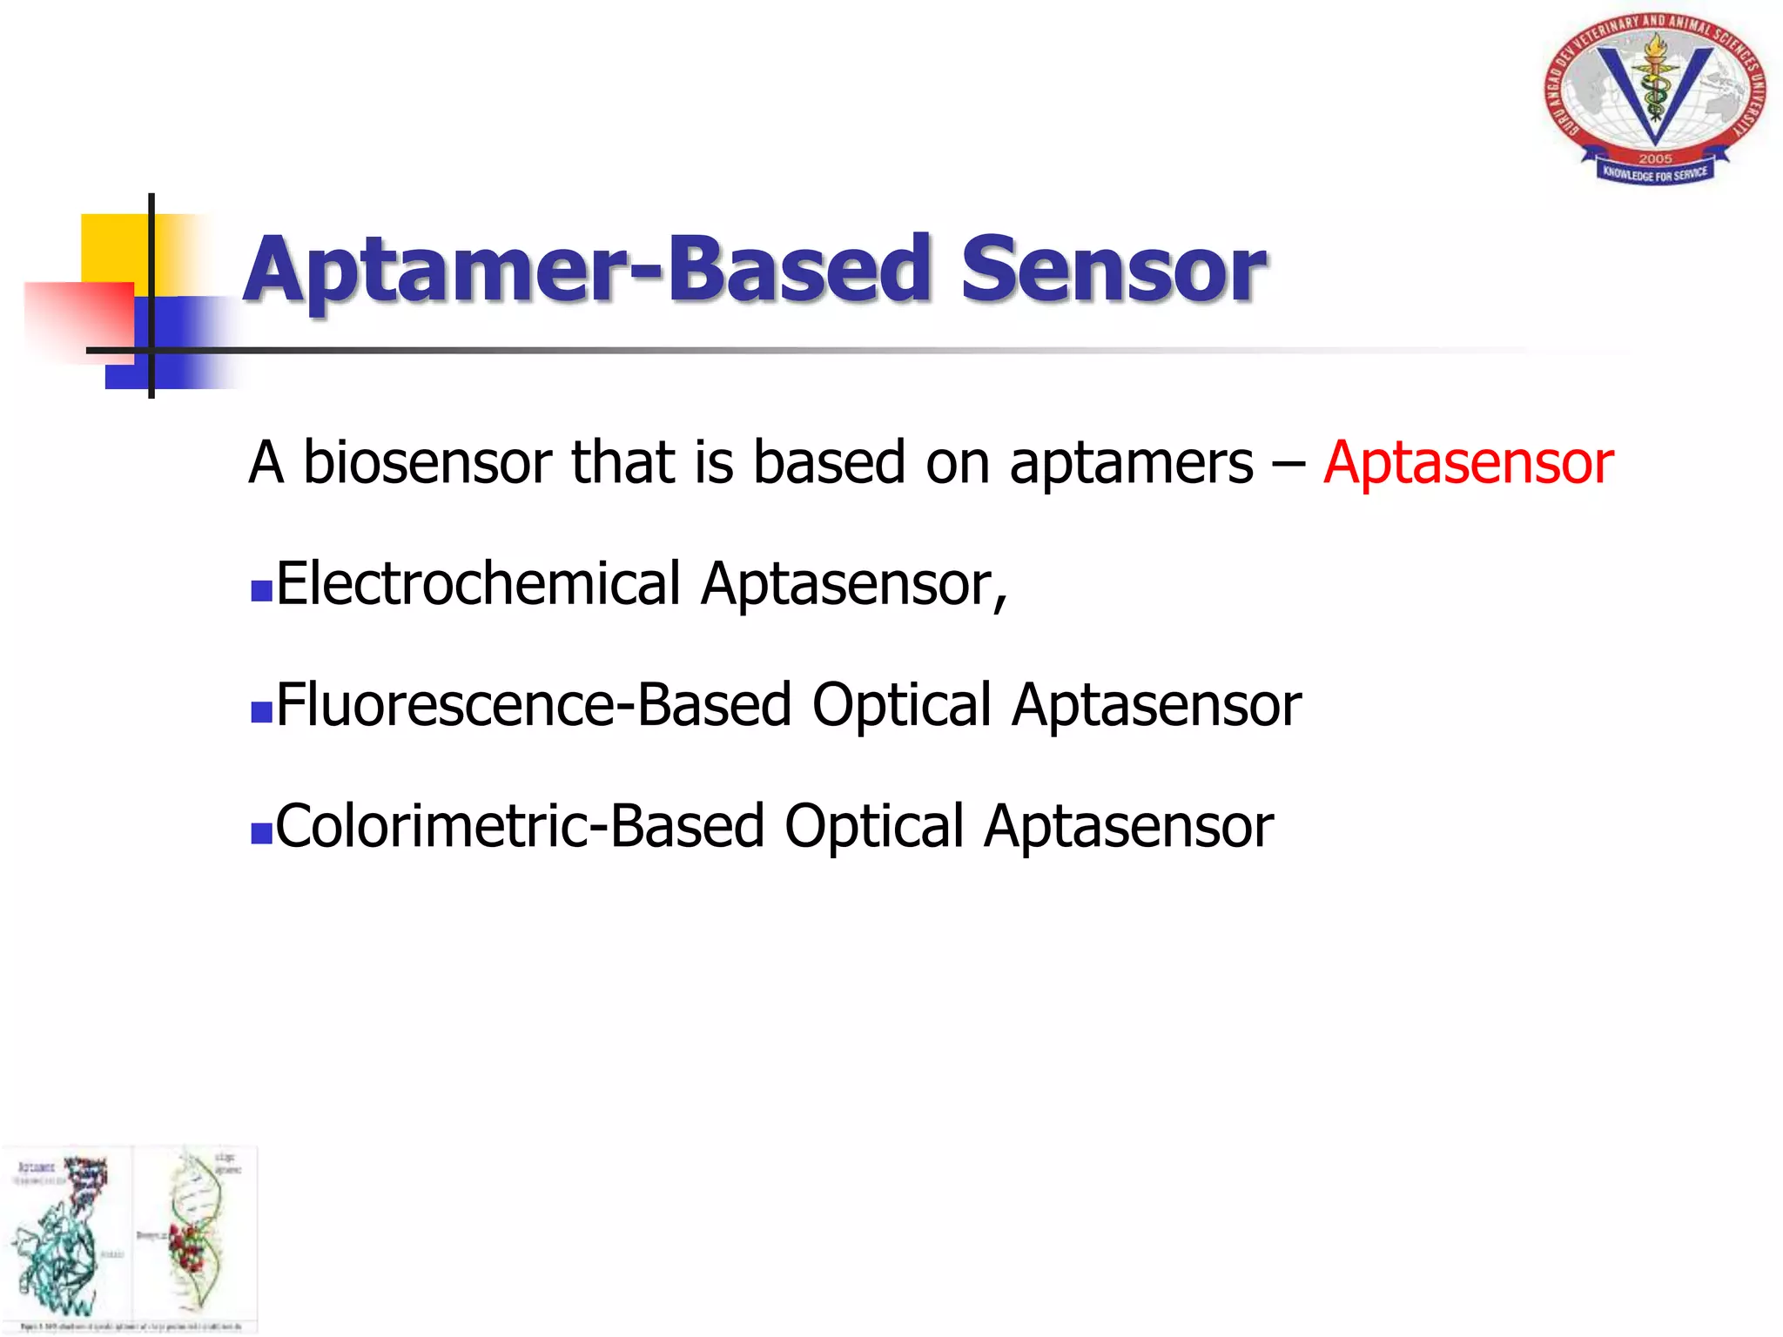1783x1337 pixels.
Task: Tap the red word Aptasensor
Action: coord(1468,462)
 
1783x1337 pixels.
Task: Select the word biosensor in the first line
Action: coord(427,462)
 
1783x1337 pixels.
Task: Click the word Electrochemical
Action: coord(478,583)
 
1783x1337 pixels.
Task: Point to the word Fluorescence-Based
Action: coord(533,705)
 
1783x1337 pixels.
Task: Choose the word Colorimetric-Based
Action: coord(519,826)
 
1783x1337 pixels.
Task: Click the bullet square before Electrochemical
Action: coord(261,592)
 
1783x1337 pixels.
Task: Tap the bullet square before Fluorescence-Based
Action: coord(261,713)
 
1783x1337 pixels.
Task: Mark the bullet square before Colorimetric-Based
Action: coord(261,834)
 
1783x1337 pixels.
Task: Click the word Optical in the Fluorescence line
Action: coord(901,705)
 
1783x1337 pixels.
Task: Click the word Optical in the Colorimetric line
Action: coord(873,826)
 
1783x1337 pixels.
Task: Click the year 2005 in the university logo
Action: coord(1655,158)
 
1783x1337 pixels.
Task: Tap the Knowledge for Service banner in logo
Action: coord(1655,174)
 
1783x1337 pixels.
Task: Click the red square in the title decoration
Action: coord(78,318)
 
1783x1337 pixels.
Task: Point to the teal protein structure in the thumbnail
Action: coord(57,1253)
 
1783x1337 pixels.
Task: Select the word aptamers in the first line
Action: coord(1131,462)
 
